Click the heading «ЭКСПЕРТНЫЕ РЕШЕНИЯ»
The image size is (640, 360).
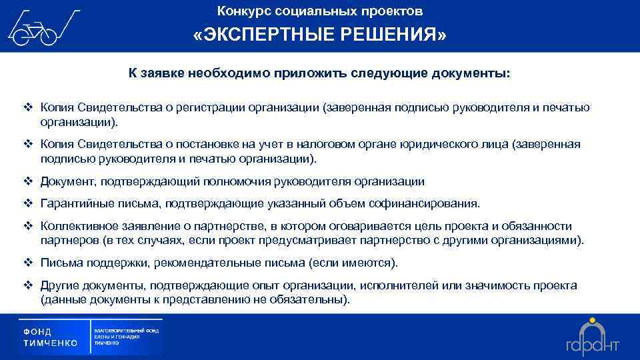point(320,35)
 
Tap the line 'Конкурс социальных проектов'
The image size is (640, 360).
point(320,11)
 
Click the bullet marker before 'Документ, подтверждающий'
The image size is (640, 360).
point(28,181)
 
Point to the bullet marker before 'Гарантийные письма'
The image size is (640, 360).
point(28,203)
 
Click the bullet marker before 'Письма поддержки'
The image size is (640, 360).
point(28,263)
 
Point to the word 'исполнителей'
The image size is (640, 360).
point(394,285)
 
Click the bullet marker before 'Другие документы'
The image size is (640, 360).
point(28,285)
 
